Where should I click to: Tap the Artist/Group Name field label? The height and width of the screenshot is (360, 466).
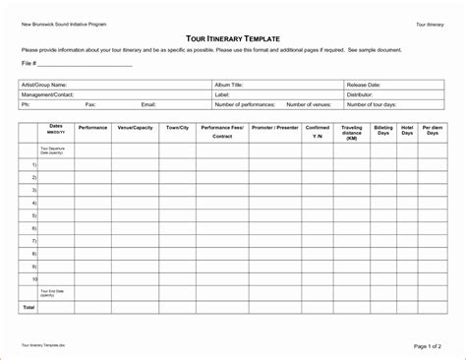point(44,86)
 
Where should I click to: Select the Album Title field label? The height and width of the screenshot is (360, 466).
point(229,86)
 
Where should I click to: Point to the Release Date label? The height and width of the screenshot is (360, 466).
point(364,86)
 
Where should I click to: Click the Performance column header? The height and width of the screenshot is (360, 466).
point(92,128)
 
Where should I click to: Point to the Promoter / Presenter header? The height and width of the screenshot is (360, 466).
point(275,128)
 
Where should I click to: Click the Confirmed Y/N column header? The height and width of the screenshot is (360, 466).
point(318,132)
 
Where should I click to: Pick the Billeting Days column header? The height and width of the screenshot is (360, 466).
point(382,132)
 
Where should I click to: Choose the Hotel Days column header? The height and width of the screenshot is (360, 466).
point(407,132)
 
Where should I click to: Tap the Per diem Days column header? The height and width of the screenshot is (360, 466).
point(432,132)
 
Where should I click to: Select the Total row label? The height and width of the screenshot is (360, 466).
point(29,307)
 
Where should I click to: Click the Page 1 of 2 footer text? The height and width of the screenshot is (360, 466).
point(429,346)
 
